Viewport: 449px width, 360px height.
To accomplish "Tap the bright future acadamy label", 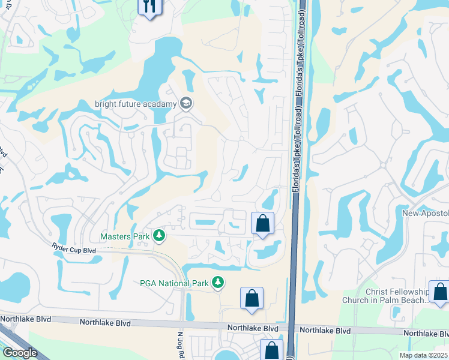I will point(136,104).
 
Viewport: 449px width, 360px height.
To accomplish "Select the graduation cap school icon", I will point(186,103).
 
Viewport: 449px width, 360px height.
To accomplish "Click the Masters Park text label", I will point(125,236).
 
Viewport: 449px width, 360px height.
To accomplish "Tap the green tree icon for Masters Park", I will point(159,236).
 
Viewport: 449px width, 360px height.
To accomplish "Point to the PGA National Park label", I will point(173,283).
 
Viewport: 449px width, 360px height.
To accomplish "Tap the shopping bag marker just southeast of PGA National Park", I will point(252,298).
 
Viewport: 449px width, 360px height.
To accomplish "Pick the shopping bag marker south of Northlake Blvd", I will point(271,349).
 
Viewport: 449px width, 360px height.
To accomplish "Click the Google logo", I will point(20,353).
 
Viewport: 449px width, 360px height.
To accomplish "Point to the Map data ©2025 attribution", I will point(424,355).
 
